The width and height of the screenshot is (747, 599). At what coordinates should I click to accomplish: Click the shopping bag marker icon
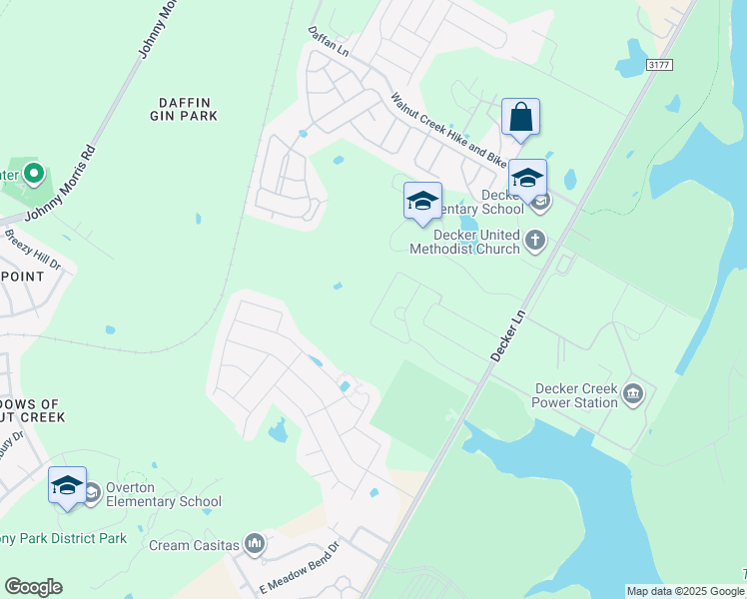point(520,118)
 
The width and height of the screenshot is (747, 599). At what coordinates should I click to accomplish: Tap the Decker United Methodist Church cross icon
point(536,240)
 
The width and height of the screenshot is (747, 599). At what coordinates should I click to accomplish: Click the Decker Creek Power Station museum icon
point(632,394)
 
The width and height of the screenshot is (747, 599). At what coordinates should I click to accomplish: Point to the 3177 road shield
point(659,65)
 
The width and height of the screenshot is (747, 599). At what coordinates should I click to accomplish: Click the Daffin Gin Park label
point(187,109)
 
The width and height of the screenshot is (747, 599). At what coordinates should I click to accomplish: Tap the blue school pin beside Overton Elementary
point(67,486)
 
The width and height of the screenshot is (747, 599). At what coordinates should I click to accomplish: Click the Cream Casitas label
point(194,545)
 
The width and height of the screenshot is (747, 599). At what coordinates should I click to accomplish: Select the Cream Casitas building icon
point(255,544)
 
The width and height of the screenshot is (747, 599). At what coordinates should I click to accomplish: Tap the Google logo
point(33,587)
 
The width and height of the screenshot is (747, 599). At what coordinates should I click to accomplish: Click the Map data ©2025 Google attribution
point(685,591)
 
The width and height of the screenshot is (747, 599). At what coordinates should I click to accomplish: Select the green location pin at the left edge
point(33,176)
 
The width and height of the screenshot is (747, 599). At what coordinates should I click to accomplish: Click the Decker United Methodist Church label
point(465,242)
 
